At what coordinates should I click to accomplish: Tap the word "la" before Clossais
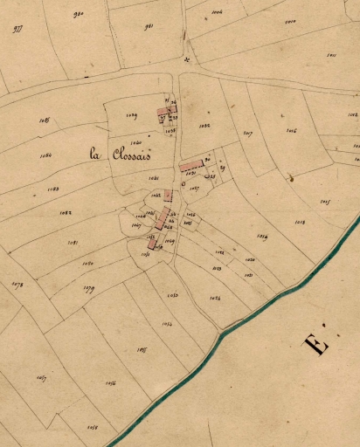96,154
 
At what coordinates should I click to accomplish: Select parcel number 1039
132,114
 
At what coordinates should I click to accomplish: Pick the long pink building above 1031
190,164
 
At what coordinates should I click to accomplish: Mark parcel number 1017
248,133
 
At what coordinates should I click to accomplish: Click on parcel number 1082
66,212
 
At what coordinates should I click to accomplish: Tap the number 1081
73,242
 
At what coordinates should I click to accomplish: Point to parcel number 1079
88,288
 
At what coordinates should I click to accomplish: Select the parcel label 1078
17,284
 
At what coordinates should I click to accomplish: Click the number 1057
40,377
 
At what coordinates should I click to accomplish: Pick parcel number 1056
110,383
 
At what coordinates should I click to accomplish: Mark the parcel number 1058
93,427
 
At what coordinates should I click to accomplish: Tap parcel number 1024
215,299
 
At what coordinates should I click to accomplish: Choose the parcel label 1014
261,236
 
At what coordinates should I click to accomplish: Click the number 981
148,27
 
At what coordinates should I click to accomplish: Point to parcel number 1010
289,20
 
